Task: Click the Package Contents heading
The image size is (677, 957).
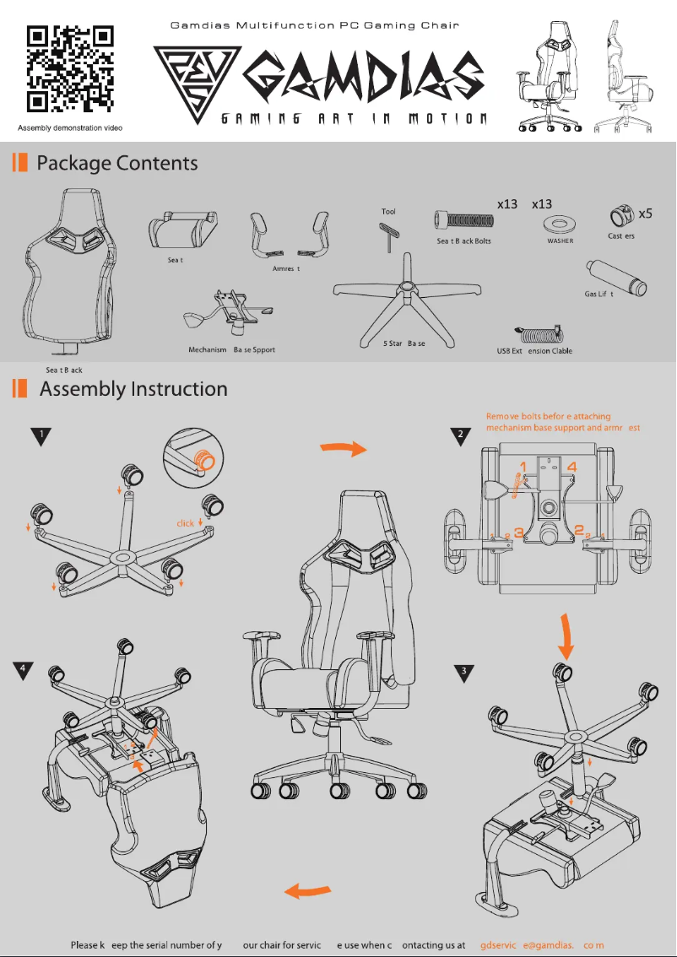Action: point(116,163)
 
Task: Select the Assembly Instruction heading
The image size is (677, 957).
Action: point(133,389)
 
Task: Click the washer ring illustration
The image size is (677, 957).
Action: point(559,224)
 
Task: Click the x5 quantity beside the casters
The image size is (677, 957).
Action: point(645,214)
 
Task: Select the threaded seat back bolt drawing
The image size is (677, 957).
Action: point(463,221)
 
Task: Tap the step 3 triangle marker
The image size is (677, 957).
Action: point(463,673)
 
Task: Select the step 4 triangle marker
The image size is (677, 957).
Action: point(24,669)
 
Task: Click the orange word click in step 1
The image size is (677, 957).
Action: point(186,523)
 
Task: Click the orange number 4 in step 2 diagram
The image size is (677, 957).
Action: point(571,465)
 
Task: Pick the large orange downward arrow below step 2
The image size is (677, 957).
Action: point(566,637)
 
